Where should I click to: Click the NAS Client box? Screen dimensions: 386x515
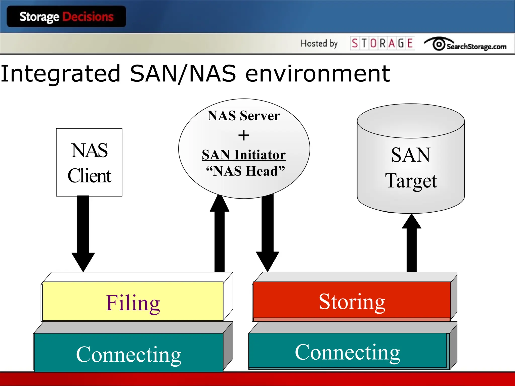(89, 162)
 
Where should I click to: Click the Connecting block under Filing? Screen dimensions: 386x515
(128, 353)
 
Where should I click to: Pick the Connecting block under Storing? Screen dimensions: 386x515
(347, 351)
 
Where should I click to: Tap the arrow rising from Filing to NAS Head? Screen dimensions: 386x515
(220, 234)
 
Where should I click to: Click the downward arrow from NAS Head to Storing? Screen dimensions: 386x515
(268, 231)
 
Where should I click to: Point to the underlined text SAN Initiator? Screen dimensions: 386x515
(244, 155)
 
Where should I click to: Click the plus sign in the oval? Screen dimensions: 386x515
(244, 135)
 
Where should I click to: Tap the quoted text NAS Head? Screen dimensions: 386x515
(245, 171)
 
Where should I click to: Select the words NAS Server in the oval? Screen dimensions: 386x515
(244, 116)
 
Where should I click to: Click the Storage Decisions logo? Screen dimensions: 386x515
(66, 17)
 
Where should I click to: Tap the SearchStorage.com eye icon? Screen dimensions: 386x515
(439, 44)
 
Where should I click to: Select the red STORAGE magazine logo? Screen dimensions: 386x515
(382, 43)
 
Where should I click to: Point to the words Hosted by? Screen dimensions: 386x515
(319, 43)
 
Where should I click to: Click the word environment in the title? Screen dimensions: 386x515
(318, 73)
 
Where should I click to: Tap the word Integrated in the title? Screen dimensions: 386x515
(60, 73)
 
